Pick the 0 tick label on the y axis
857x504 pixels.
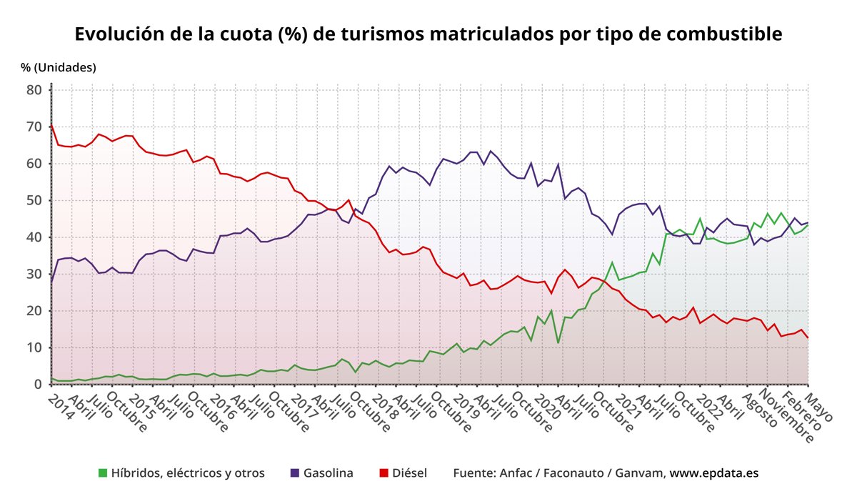click(39, 385)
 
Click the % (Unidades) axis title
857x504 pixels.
click(59, 67)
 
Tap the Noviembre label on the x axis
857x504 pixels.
click(788, 415)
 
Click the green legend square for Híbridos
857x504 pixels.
click(103, 473)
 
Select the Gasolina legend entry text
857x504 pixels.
click(328, 473)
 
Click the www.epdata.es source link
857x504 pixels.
click(713, 473)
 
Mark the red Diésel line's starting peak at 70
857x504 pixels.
click(52, 126)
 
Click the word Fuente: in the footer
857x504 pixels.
click(476, 473)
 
